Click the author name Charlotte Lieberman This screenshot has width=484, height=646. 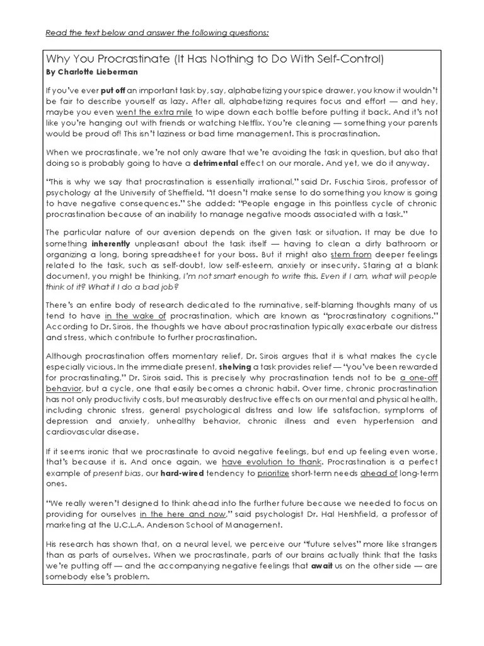pos(92,72)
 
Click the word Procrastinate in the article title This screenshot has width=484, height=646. pos(123,59)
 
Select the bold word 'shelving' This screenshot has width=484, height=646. pos(235,366)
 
